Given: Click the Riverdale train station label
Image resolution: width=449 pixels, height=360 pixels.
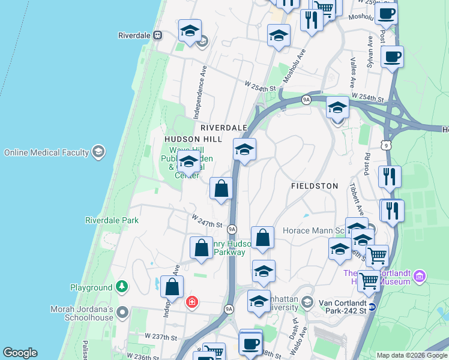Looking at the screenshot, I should click(134, 35).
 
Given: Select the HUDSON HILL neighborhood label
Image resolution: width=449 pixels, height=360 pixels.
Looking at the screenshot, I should click(193, 139).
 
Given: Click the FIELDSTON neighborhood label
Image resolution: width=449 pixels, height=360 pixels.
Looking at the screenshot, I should click(315, 186).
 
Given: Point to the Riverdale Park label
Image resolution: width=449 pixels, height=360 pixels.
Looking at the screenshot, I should click(112, 220).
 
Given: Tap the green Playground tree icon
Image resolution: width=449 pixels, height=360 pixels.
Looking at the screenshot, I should click(122, 287).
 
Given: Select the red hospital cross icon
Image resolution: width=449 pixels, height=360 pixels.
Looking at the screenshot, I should click(192, 302).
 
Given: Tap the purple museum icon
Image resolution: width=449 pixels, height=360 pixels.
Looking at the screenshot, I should click(419, 277).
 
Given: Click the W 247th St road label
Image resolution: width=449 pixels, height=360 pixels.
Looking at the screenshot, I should click(206, 221).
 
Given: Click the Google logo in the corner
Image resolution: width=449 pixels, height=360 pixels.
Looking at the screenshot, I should click(20, 353).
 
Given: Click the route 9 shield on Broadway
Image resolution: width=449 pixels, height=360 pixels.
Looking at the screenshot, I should click(385, 145).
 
